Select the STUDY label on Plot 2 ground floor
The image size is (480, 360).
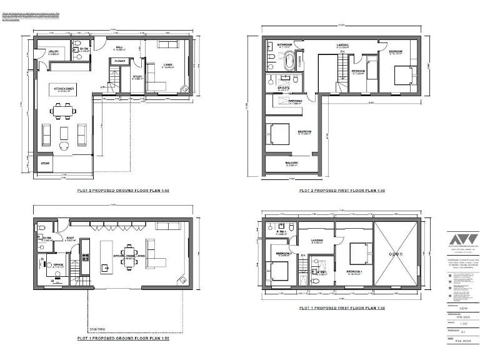tap(137, 77)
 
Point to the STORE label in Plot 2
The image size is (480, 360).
tap(45, 163)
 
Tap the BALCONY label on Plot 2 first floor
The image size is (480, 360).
tap(291, 163)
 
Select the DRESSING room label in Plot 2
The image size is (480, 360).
tap(295, 101)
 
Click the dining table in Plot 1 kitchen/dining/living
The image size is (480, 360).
tap(129, 256)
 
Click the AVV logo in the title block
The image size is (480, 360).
tap(463, 239)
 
